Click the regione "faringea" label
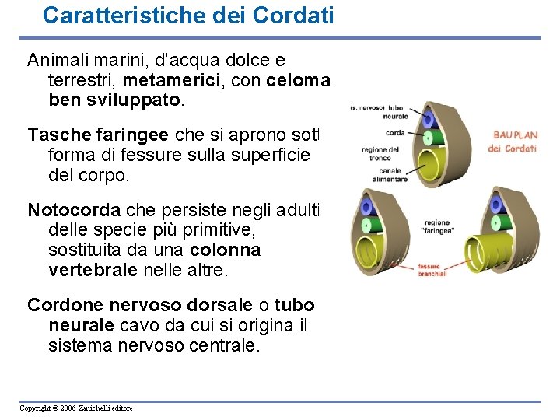coord(438,226)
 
